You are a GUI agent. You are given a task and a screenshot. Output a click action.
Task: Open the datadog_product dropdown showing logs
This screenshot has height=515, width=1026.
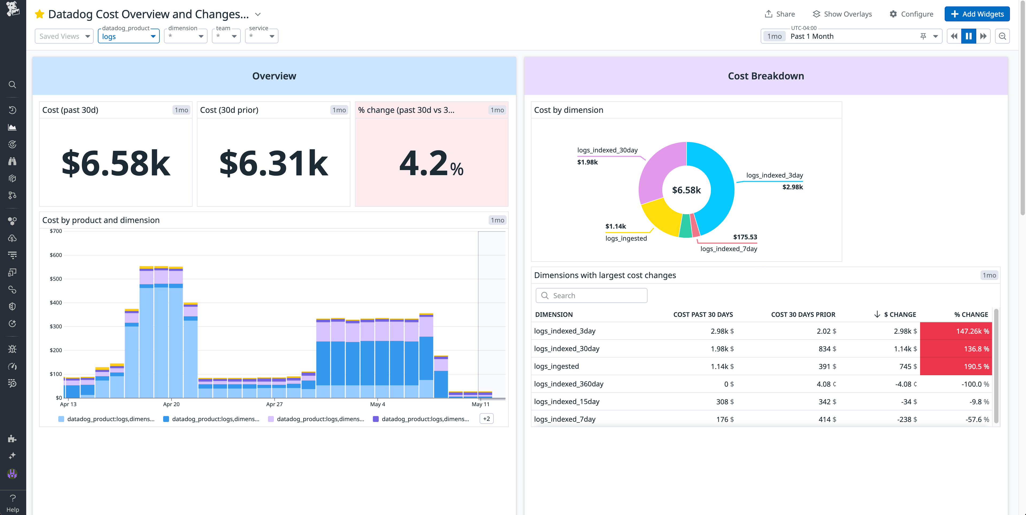pos(128,36)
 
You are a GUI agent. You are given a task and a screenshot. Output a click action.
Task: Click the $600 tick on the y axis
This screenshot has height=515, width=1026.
pos(56,255)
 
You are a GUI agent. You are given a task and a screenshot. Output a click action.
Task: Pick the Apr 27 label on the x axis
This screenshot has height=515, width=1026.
pos(274,404)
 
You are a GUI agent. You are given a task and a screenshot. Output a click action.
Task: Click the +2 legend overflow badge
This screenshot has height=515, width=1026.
pos(486,419)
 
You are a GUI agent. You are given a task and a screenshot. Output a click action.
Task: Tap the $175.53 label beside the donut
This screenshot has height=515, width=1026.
pos(745,237)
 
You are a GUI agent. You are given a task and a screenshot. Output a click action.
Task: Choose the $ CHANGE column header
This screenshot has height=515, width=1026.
pos(900,314)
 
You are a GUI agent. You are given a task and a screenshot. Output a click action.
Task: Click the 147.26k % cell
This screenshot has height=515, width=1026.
pos(956,331)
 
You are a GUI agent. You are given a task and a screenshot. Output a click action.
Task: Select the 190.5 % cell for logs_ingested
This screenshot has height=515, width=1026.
pos(956,366)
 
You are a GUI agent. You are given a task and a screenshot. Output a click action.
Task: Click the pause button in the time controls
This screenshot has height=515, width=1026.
pos(969,36)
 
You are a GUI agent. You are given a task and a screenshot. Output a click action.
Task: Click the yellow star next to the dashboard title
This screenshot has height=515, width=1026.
pos(39,14)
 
